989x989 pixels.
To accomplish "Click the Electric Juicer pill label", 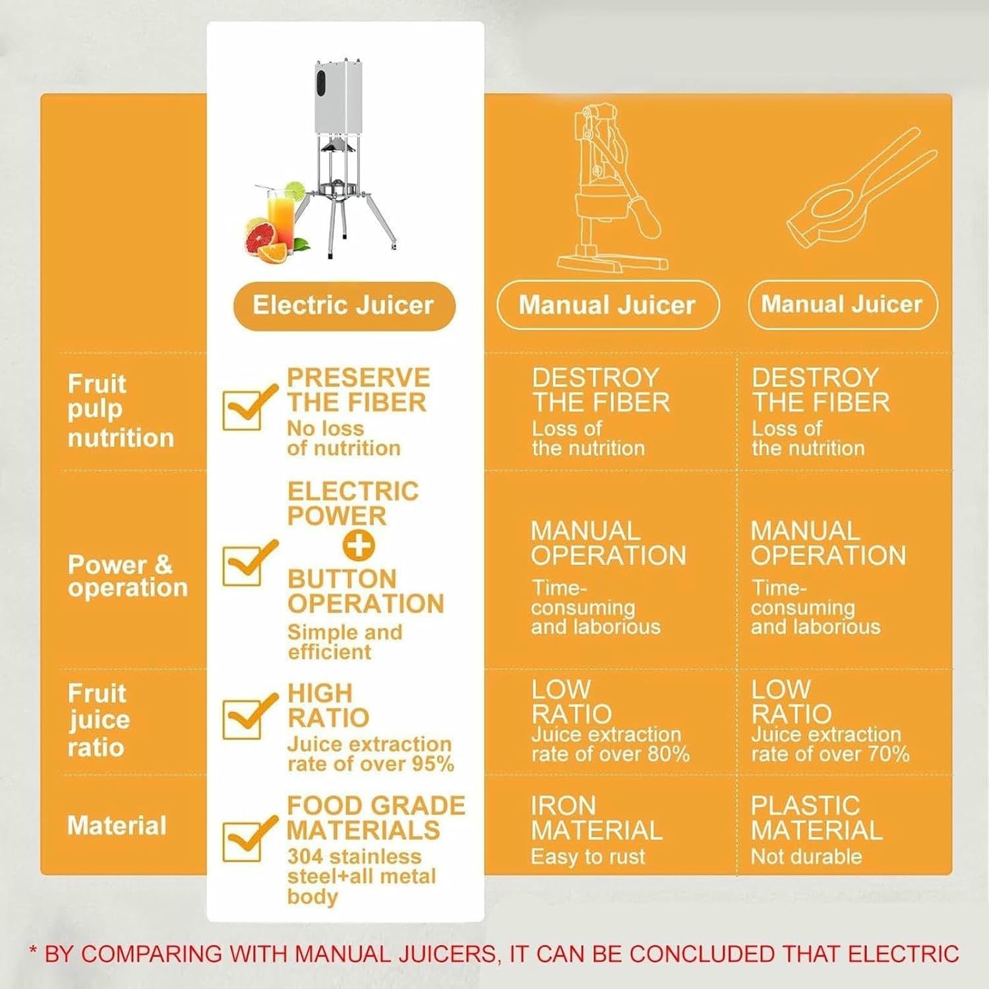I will click(x=344, y=305).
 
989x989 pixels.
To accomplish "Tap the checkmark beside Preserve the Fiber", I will click(x=247, y=407).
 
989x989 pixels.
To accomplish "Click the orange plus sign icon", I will click(x=359, y=545).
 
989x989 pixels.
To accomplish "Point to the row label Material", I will click(x=117, y=825).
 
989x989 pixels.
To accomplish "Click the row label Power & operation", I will click(x=127, y=576).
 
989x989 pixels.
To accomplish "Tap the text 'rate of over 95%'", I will click(x=371, y=764).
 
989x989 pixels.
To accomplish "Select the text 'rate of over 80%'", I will click(x=611, y=754).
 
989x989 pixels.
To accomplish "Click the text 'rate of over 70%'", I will click(x=830, y=754).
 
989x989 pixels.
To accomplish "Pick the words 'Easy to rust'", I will click(x=588, y=856).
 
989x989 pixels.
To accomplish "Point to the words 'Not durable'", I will click(x=806, y=856).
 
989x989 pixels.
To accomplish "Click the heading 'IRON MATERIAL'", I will click(x=596, y=818).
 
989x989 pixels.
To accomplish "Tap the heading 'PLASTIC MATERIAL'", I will click(x=816, y=818).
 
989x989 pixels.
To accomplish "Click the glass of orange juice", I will click(x=280, y=218).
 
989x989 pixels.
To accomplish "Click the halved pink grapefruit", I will click(x=260, y=237).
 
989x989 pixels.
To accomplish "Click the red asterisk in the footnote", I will click(x=34, y=951).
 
